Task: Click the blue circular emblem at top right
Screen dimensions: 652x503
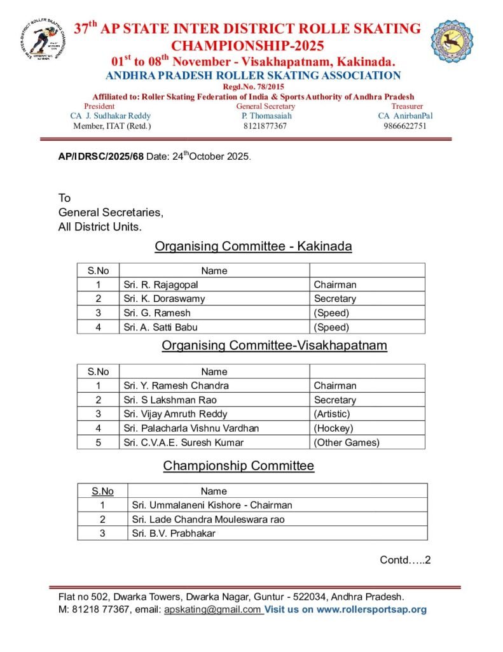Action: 452,41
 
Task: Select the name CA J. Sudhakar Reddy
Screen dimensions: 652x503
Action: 111,117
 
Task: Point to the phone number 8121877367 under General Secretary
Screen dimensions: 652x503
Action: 265,126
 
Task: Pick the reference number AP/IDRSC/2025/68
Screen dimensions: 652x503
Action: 101,157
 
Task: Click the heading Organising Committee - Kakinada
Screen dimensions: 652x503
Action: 253,246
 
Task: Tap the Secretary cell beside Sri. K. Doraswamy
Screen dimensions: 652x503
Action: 335,299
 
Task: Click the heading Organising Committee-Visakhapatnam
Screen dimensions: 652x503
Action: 274,346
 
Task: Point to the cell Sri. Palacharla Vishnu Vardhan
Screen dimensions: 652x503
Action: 191,429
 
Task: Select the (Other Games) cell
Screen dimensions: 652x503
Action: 347,443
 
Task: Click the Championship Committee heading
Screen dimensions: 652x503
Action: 238,466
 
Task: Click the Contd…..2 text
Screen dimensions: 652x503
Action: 406,560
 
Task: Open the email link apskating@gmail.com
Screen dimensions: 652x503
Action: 212,609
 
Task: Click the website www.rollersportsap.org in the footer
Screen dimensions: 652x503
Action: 371,609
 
